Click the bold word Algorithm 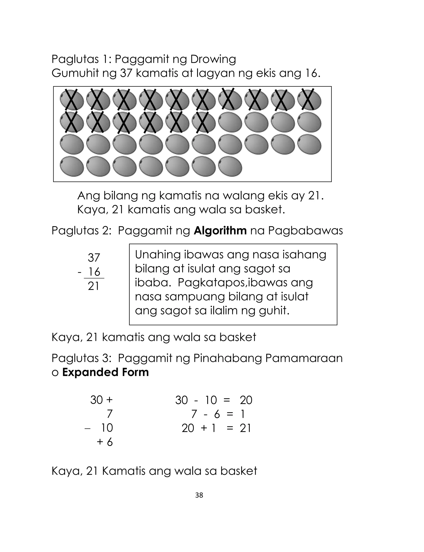point(220,231)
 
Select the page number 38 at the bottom point(199,495)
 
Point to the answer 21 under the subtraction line point(94,286)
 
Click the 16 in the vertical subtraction point(94,272)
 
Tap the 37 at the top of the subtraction point(94,258)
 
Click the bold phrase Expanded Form point(106,372)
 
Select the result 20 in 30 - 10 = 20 point(246,400)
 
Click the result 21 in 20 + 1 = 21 point(245,428)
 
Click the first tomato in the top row point(72,100)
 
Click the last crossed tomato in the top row point(309,100)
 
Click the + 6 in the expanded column point(105,442)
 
